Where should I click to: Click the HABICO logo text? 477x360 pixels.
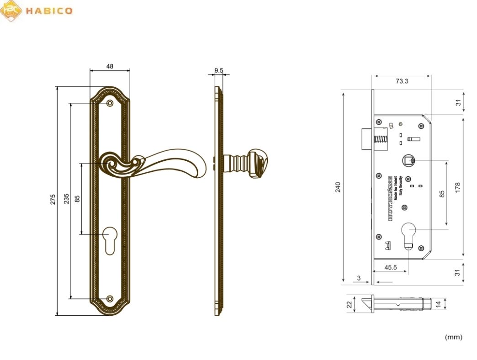click(49, 11)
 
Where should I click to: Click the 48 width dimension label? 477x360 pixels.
click(110, 66)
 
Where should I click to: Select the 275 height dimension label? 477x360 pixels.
click(53, 200)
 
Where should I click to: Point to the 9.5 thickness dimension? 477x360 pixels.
click(218, 70)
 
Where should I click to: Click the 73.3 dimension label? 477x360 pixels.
click(402, 81)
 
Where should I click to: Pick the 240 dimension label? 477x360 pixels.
click(338, 187)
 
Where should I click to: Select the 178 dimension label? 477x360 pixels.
click(458, 187)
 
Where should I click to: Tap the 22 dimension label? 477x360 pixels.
click(349, 304)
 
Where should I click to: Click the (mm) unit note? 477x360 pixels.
click(453, 337)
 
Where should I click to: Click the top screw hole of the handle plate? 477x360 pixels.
click(110, 103)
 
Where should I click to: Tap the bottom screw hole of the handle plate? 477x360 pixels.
click(110, 299)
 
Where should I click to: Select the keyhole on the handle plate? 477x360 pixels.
click(110, 238)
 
